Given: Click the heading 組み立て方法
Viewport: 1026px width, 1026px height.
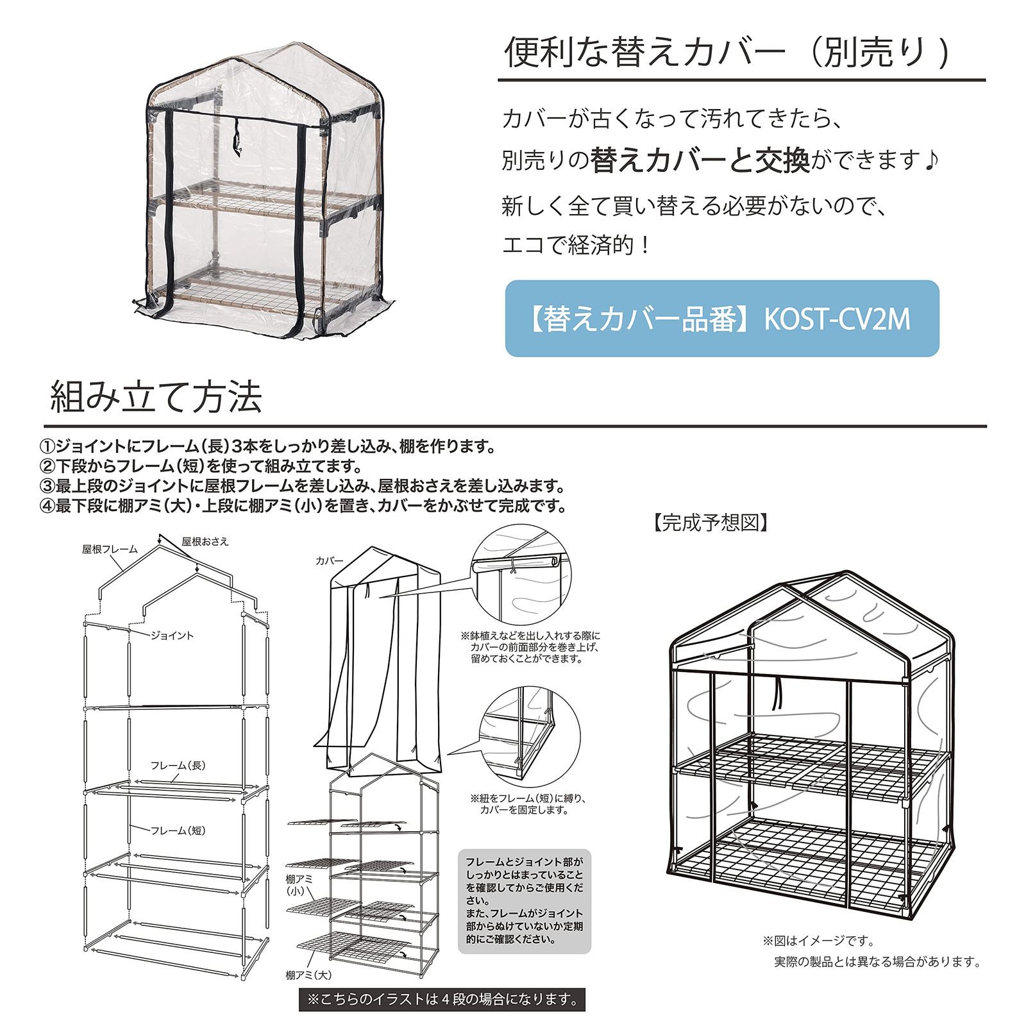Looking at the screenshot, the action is (x=156, y=397).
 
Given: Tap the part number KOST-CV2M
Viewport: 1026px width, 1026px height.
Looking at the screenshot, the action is (x=837, y=319).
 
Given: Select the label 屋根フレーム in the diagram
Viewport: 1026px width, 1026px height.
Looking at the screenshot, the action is (x=110, y=549).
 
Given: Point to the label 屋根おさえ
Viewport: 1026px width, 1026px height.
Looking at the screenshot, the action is (x=205, y=541).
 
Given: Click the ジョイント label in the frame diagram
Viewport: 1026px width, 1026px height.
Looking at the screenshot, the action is (x=172, y=635).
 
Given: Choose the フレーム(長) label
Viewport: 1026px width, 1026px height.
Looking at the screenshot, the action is (x=178, y=765).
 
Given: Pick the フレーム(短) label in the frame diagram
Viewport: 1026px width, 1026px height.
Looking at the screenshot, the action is (x=178, y=830).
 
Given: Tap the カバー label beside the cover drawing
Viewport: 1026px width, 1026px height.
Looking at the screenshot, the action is (x=330, y=561).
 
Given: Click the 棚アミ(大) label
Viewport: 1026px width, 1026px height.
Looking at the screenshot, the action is (x=308, y=975).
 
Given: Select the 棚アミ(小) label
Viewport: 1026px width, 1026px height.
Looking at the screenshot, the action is (x=299, y=884).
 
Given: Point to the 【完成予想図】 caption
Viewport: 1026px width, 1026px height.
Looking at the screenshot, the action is (x=711, y=523).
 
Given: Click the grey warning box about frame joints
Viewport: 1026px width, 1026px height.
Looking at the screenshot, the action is (x=525, y=901).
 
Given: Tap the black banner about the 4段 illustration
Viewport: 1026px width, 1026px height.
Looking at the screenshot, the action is (x=442, y=999).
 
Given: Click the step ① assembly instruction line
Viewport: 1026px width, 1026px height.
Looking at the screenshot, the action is (x=267, y=446).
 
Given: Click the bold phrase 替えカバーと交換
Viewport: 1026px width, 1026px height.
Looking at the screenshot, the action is (x=700, y=160).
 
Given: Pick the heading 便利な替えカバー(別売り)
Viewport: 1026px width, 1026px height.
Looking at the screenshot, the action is (x=727, y=52).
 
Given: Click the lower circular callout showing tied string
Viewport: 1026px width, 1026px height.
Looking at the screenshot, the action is (x=530, y=737).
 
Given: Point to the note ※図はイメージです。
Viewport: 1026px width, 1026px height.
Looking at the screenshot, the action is (x=818, y=941).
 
